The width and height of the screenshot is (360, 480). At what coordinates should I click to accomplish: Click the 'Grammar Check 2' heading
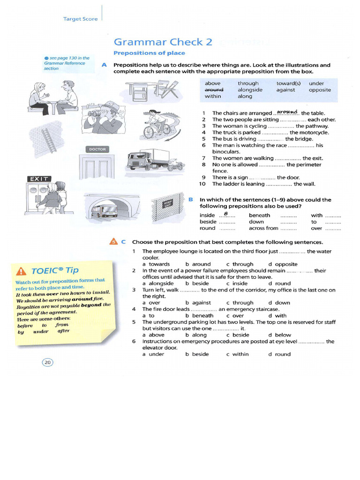163,42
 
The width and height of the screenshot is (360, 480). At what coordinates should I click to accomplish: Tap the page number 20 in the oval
47,362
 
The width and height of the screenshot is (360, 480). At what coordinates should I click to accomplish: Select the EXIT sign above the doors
39,179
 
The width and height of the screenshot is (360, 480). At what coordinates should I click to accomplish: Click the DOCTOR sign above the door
97,150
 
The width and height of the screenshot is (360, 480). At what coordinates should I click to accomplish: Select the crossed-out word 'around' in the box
214,90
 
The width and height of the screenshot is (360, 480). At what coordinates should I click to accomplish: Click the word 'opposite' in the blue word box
320,90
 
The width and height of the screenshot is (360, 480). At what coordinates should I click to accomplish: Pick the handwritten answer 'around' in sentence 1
287,112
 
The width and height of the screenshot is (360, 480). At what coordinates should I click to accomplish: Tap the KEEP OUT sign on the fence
168,203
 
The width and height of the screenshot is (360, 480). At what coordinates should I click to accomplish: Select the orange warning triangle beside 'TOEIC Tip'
21,271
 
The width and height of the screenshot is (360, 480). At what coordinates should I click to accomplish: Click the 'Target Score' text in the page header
80,19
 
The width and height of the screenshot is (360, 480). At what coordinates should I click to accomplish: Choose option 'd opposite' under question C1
283,264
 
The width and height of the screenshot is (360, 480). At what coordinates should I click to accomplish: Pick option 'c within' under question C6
238,354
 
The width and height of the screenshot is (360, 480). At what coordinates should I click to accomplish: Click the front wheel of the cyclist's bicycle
149,132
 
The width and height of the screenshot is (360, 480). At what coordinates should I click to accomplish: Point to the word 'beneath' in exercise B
259,216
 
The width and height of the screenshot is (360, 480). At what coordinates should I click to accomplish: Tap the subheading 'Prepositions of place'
150,53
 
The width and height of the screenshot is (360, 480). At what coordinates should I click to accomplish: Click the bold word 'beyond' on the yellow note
91,305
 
